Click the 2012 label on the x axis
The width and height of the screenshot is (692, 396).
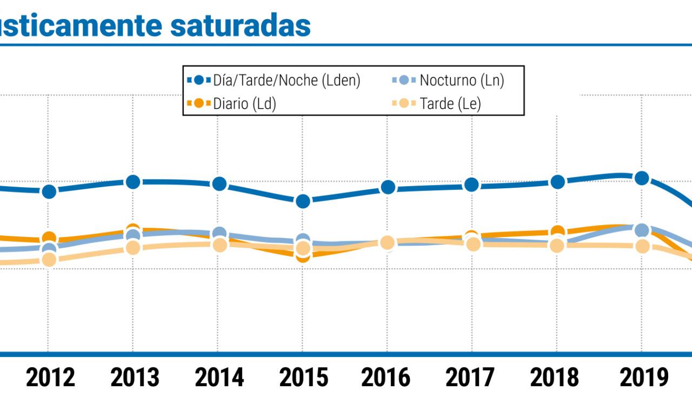[50, 378]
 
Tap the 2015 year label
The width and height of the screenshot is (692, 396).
[303, 378]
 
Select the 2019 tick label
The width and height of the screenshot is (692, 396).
[643, 378]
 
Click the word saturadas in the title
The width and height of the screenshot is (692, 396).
[240, 25]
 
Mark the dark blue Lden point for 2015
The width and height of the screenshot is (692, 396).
[303, 201]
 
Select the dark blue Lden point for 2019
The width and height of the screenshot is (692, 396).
[642, 178]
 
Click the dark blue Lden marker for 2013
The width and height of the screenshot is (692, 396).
[133, 182]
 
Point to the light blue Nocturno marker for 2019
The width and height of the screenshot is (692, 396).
[642, 230]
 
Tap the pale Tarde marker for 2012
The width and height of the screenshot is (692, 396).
[49, 260]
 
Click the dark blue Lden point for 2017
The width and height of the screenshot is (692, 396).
[471, 184]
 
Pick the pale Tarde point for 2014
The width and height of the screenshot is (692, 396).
[219, 245]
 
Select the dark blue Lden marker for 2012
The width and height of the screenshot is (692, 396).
[49, 191]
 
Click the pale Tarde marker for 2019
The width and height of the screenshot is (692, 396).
[642, 246]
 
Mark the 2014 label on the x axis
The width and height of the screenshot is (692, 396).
[219, 378]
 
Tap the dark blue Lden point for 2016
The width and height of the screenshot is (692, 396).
[387, 187]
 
